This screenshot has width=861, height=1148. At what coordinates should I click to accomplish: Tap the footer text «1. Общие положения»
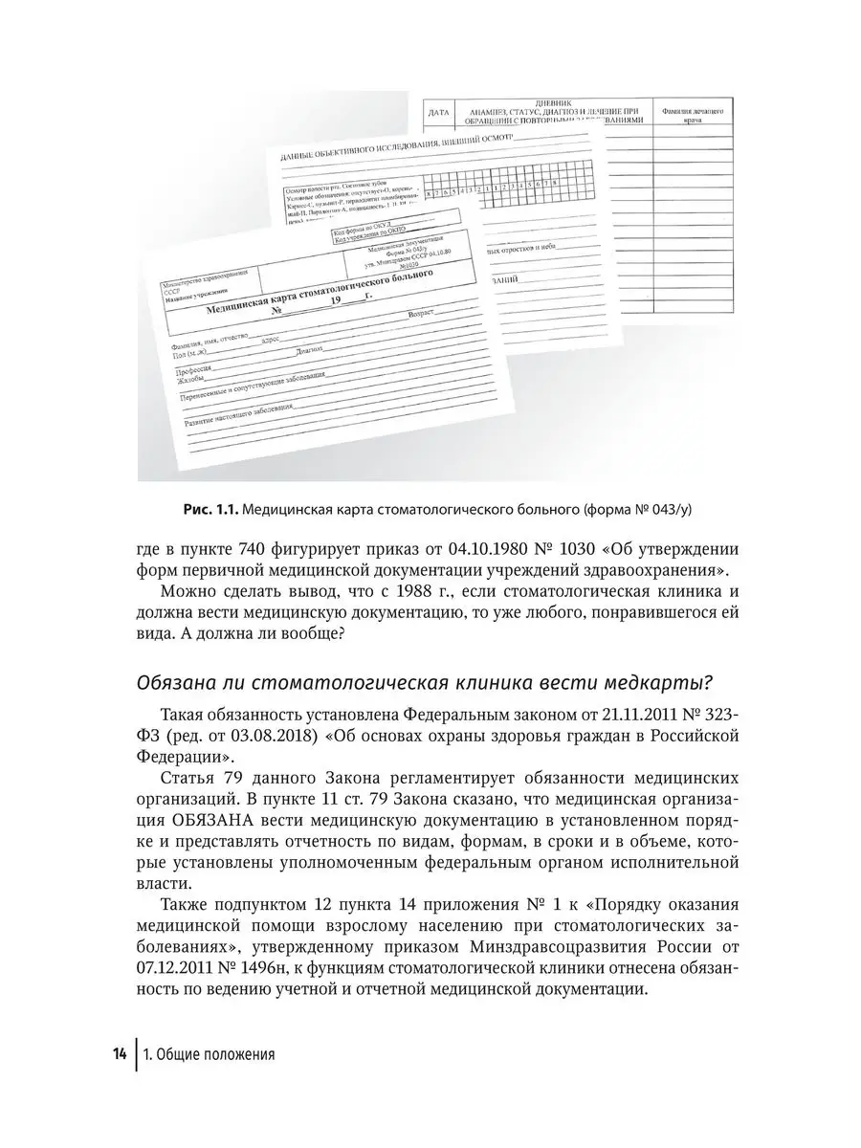[209, 1056]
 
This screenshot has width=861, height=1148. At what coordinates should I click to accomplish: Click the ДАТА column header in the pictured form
[438, 112]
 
